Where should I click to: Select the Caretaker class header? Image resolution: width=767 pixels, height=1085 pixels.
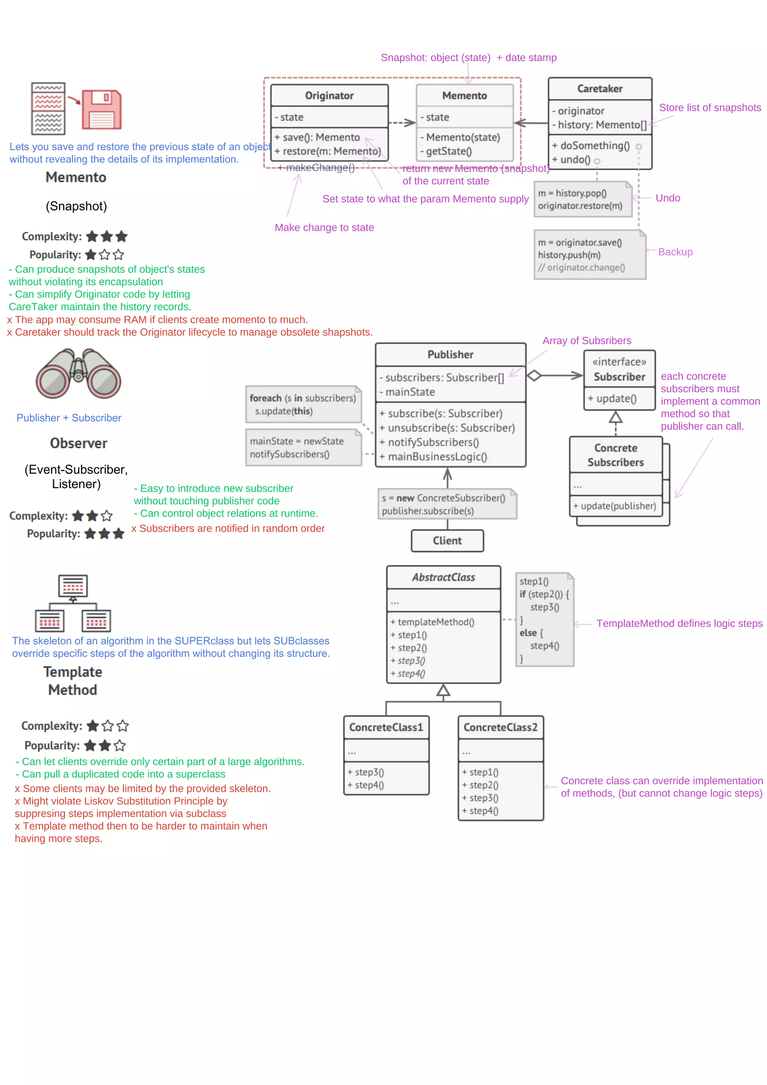(x=599, y=89)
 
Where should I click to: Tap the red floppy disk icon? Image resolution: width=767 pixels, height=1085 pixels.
(x=101, y=110)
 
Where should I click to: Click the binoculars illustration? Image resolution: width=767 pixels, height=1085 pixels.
(x=78, y=373)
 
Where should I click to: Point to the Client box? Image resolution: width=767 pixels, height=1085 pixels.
(x=447, y=541)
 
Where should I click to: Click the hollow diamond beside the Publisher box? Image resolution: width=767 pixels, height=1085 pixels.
(x=534, y=376)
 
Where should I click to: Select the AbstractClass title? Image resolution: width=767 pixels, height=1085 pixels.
(x=443, y=577)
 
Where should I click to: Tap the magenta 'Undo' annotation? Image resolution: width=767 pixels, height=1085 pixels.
(x=667, y=198)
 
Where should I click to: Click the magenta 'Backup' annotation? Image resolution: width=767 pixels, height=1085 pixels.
(x=675, y=252)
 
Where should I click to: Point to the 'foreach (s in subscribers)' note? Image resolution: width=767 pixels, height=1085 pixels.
(x=303, y=404)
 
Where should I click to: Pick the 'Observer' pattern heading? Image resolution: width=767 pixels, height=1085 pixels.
(x=78, y=443)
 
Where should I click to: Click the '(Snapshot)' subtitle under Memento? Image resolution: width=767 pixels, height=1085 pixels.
(x=76, y=206)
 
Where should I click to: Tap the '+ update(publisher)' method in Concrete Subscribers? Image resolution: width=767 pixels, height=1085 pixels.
(x=614, y=506)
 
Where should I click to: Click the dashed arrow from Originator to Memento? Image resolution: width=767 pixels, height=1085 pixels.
(x=402, y=123)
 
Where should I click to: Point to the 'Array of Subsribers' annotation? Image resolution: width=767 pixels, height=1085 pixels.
(x=586, y=341)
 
